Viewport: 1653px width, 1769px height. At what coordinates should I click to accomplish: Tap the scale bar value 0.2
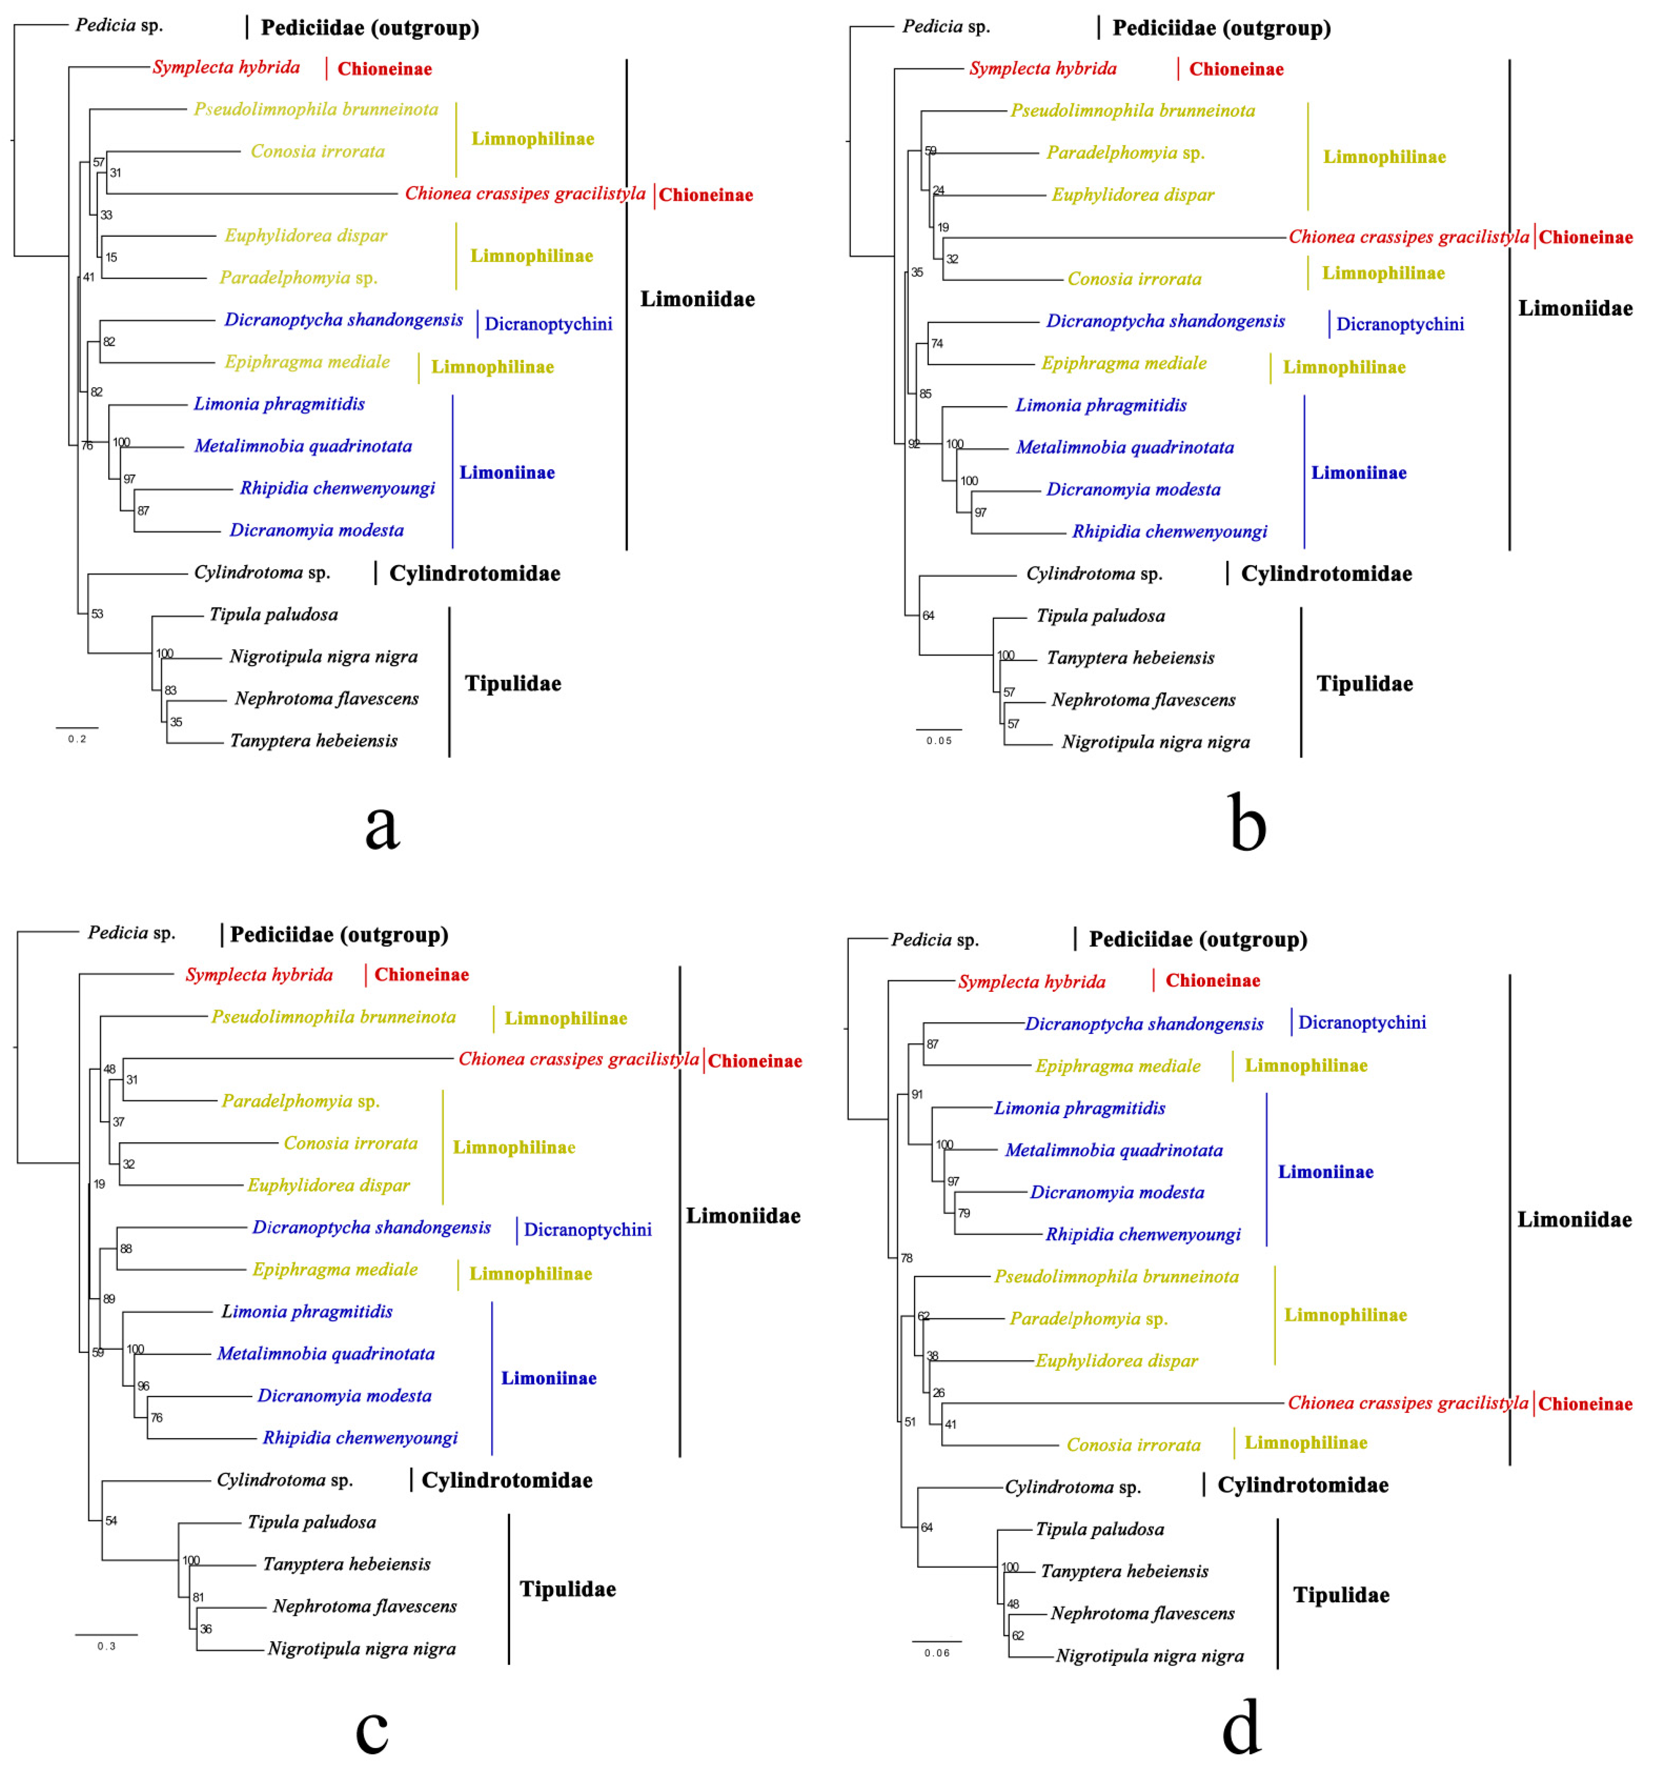77,739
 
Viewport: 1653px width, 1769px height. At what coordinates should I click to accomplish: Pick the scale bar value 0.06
936,1653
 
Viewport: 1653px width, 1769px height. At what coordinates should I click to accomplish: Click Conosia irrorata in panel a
318,151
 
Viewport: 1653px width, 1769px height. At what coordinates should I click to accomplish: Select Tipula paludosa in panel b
1100,616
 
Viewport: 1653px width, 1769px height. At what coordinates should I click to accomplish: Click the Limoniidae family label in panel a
697,299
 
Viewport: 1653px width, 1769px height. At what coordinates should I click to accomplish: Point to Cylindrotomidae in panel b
1327,574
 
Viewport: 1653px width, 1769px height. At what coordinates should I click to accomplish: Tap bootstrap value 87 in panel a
143,511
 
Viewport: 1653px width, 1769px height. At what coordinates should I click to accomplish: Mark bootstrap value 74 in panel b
936,343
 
